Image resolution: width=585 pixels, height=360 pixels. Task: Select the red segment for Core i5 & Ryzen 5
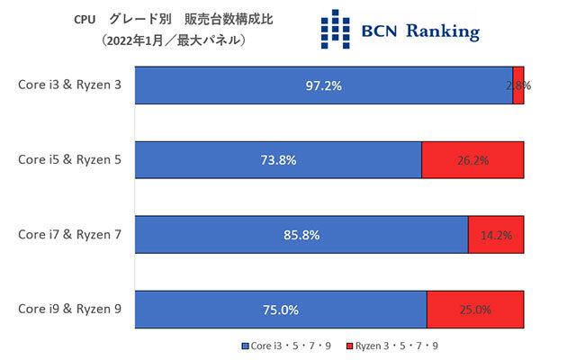[x=472, y=160]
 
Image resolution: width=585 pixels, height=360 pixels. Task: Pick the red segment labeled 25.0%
[x=474, y=310]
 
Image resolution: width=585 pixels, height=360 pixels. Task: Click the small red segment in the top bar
[x=518, y=85]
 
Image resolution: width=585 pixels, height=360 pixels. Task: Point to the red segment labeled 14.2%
[x=496, y=234]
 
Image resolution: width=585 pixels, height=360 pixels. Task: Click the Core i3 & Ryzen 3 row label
[x=69, y=85]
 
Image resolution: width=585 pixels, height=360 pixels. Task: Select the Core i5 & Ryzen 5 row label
[x=69, y=159]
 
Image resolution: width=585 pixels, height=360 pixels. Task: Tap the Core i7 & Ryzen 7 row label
[x=69, y=234]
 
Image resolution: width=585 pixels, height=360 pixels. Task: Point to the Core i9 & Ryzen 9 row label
[x=69, y=309]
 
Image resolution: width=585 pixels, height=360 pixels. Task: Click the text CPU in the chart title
[x=85, y=17]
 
